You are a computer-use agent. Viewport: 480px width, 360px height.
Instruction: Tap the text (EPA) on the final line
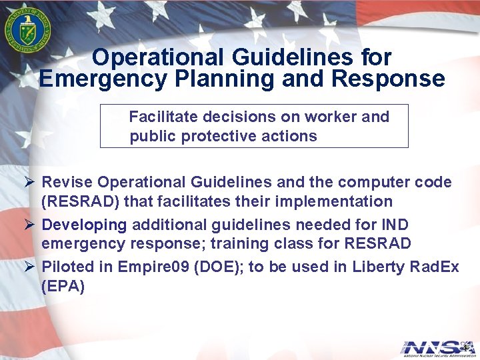pos(63,287)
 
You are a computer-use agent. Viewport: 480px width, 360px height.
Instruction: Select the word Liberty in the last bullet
pos(377,267)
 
